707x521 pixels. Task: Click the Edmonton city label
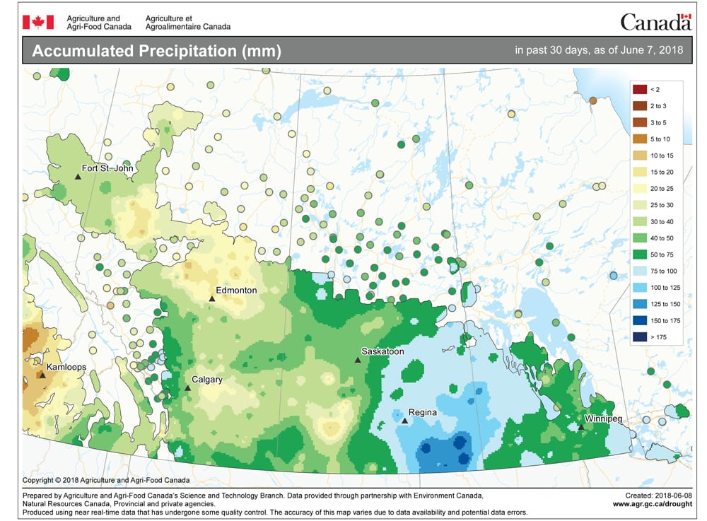click(237, 291)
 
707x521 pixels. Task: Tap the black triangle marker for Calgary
click(187, 388)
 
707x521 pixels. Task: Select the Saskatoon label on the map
click(382, 351)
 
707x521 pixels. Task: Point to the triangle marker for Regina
click(404, 421)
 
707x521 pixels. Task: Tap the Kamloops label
click(68, 368)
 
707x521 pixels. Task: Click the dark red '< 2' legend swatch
click(640, 89)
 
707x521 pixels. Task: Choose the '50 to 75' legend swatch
click(640, 254)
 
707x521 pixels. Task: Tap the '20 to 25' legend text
click(662, 188)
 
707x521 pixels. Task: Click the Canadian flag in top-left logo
click(33, 22)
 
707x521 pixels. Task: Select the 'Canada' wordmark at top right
click(655, 22)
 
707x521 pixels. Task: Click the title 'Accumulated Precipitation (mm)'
click(157, 52)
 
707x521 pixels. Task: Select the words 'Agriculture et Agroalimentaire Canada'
click(187, 22)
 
